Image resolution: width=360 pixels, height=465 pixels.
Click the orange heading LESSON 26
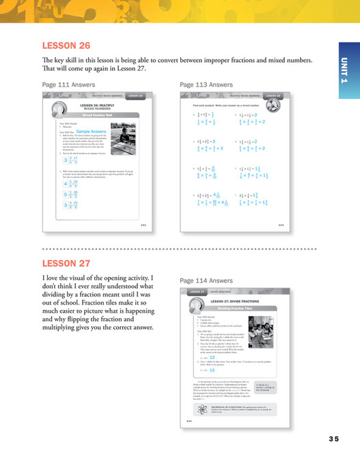pos(66,46)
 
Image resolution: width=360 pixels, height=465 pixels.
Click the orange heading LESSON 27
pos(66,263)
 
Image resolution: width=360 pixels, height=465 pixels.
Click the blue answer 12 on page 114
pos(213,356)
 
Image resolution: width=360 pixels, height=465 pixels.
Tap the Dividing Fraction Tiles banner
pos(235,309)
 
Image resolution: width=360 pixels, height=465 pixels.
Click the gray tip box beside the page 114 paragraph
pos(266,387)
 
